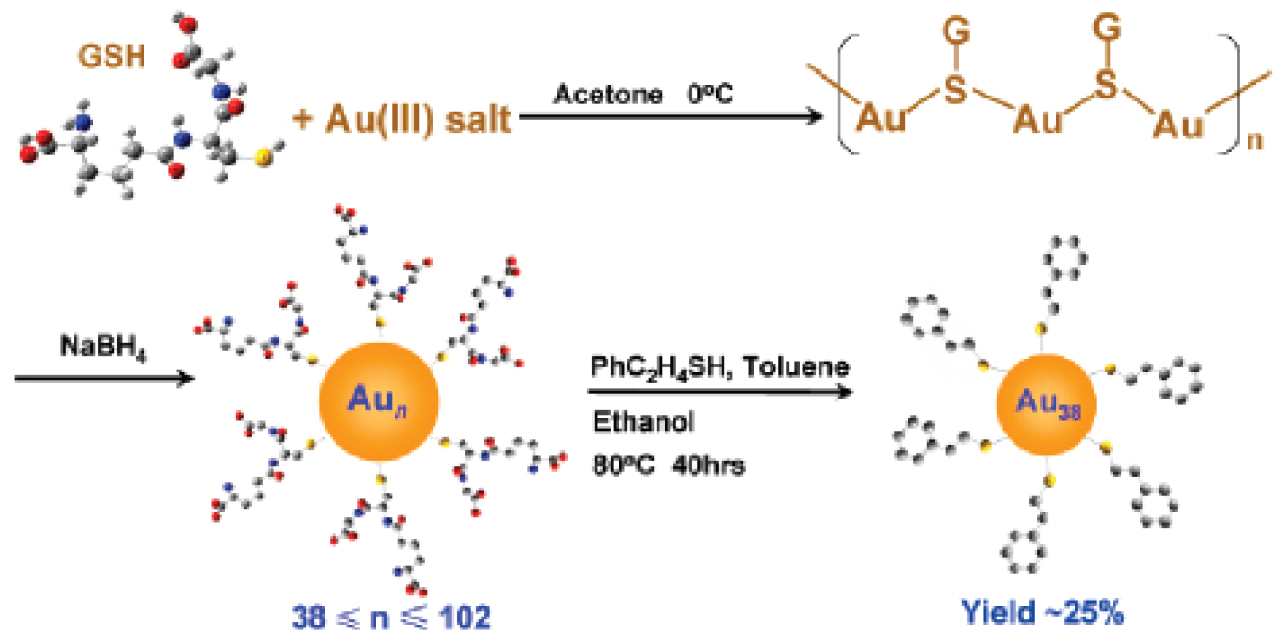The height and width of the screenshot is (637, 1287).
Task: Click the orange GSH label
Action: [111, 56]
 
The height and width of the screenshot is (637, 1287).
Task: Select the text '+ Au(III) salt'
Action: [401, 118]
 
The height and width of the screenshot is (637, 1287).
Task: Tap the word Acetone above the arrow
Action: [607, 95]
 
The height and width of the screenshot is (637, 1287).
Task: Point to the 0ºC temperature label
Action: [709, 94]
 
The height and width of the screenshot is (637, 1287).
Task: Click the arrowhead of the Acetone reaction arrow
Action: [816, 116]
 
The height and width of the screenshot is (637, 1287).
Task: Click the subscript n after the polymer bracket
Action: [1254, 141]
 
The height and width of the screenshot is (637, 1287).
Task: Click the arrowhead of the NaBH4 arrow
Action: [186, 378]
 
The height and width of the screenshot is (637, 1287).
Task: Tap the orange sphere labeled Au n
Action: [379, 401]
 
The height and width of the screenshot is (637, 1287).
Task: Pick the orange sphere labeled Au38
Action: [1046, 405]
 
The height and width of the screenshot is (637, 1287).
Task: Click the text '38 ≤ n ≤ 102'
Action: [391, 617]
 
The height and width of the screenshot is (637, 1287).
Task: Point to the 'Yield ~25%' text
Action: [1042, 612]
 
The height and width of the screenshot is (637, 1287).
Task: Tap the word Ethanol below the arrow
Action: [643, 422]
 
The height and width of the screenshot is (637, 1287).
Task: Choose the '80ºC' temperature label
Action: [623, 466]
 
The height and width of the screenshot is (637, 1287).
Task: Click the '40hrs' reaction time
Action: [708, 466]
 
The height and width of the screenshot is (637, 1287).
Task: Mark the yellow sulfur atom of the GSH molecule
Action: [263, 158]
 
